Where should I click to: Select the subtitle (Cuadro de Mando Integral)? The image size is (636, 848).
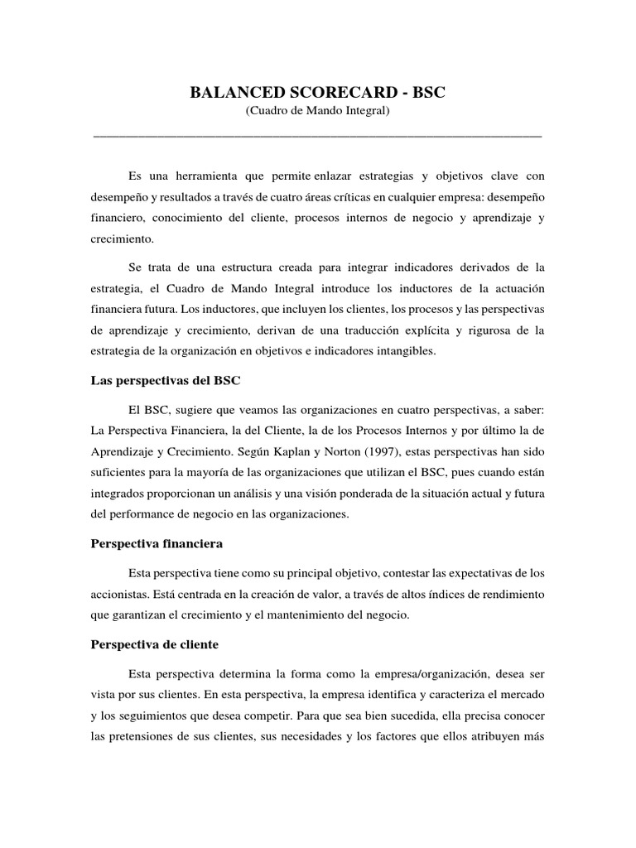317,111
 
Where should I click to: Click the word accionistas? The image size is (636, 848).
117,594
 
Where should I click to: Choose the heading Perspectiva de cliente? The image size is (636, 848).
153,644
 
